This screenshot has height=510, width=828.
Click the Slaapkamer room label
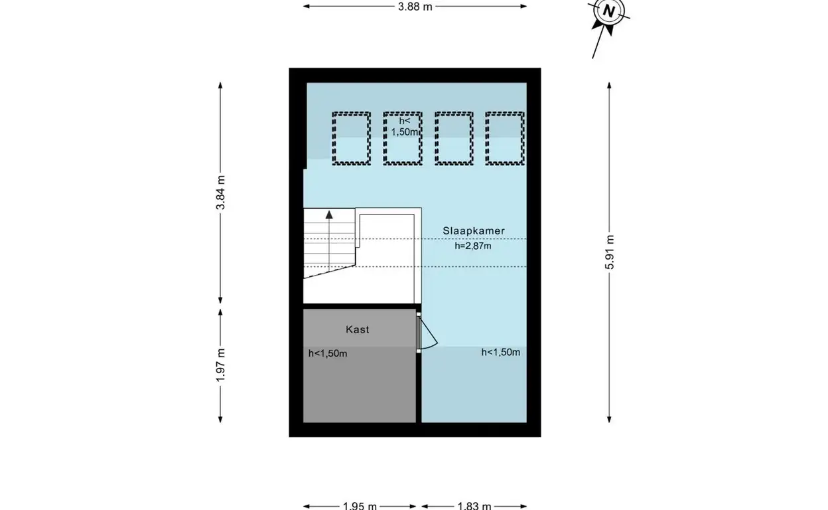coord(474,231)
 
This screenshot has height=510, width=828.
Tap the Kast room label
coord(358,329)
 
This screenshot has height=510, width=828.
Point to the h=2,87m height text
coord(473,246)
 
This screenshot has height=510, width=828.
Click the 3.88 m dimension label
coord(415,7)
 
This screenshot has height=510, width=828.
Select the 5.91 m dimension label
coord(610,252)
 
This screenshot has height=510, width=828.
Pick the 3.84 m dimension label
coord(221,193)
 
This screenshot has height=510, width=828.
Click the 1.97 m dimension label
coord(221,365)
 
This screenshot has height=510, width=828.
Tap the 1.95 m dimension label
coord(360,506)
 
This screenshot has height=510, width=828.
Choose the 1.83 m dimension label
coord(474,506)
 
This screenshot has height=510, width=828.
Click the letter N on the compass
coord(608,11)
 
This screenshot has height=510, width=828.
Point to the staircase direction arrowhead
coord(329,214)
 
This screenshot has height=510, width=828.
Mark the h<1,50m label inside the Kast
coord(328,354)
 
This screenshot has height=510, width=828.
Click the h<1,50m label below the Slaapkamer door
coord(500,353)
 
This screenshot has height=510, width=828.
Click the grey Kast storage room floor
coord(360,385)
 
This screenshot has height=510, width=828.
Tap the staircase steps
coord(329,242)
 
